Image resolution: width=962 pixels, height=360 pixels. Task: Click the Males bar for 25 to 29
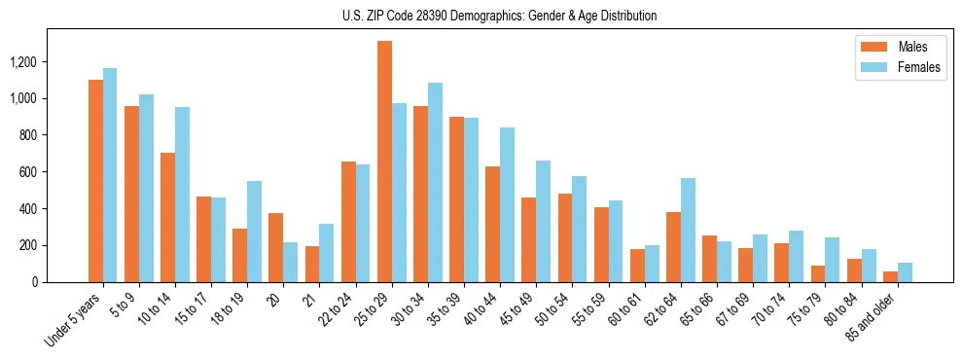[x=384, y=162]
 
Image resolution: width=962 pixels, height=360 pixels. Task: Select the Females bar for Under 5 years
[x=110, y=175]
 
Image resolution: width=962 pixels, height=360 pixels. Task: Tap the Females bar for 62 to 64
[x=688, y=230]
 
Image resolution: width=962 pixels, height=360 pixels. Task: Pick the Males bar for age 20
[x=276, y=247]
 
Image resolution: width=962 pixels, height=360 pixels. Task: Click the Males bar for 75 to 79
[x=818, y=273]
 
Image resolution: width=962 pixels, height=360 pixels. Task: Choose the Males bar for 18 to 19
[x=240, y=255]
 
